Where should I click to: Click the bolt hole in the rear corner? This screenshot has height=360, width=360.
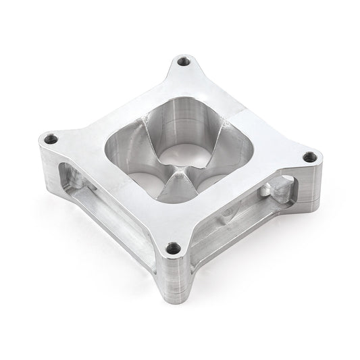182,63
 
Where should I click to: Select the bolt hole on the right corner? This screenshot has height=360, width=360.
309,157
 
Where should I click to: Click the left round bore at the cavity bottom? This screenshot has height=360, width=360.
142,177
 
